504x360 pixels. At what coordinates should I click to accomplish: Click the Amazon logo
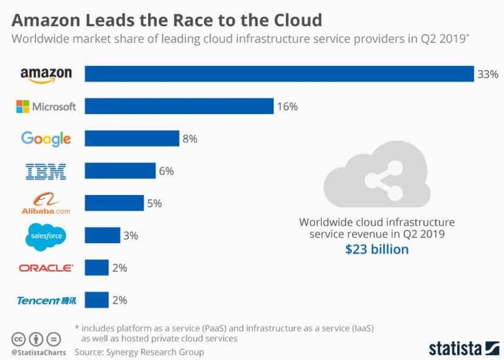point(46,74)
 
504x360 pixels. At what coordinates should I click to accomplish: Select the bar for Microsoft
point(179,106)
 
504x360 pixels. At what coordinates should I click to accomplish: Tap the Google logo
point(46,139)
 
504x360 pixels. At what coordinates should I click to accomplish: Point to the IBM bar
point(120,171)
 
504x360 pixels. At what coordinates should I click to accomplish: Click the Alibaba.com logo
point(46,204)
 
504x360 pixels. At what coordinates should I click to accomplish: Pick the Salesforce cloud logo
point(46,236)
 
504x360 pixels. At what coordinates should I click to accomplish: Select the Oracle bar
point(97,268)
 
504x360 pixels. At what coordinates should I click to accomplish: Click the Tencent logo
point(46,301)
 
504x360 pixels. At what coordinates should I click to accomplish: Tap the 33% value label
point(487,74)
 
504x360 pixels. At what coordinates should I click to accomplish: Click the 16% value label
point(287,107)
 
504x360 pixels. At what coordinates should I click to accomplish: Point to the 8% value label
point(190,139)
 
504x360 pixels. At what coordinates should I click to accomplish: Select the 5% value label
point(154,203)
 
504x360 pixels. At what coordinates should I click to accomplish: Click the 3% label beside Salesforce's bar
point(130,236)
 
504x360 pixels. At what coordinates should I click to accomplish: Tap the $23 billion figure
point(376,249)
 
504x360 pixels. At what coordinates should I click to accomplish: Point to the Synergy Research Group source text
point(139,352)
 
